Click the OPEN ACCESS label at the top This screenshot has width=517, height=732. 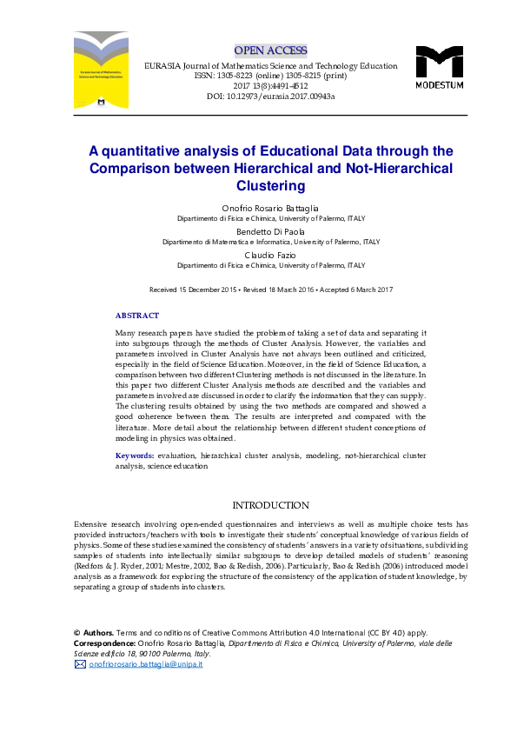[x=269, y=49]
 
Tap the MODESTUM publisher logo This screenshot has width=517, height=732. [x=439, y=68]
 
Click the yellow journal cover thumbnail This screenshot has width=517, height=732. [x=102, y=70]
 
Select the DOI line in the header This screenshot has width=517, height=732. [x=270, y=96]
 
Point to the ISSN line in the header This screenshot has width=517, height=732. [x=270, y=76]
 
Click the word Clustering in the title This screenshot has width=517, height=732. [x=270, y=186]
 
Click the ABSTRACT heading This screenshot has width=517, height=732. [x=137, y=316]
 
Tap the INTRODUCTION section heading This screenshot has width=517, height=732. [x=270, y=505]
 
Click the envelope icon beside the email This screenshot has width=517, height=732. [x=80, y=664]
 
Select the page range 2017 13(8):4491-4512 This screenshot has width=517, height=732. [x=270, y=86]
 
